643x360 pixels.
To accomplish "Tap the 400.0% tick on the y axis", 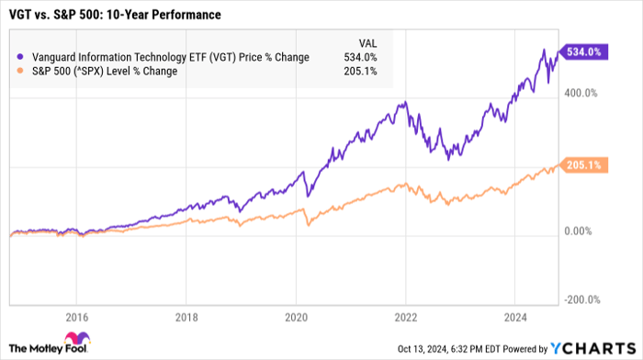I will (581, 94).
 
